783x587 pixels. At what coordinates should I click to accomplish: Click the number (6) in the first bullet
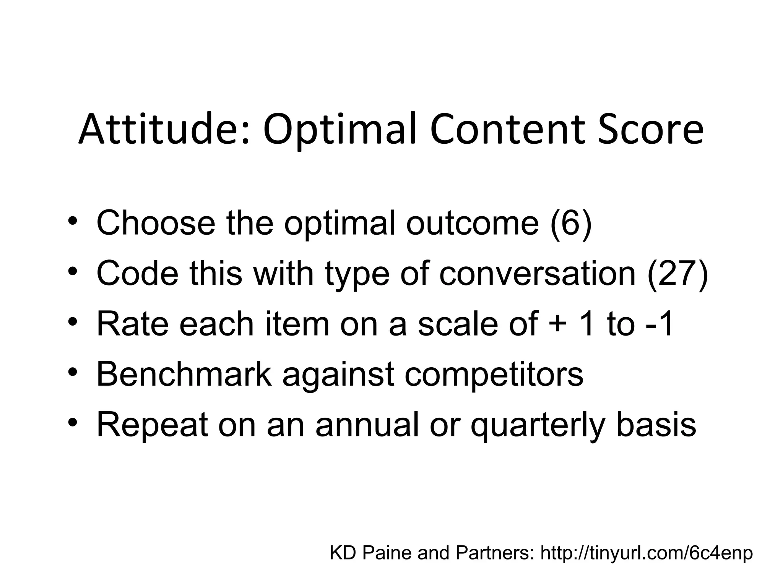(x=571, y=223)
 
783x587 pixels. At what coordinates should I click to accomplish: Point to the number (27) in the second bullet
(x=677, y=274)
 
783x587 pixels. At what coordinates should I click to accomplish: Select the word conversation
(x=537, y=274)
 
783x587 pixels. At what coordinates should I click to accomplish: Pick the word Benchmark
(x=184, y=374)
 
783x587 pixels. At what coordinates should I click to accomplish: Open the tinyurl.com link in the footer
(x=646, y=553)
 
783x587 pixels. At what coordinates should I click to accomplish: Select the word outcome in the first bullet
(x=473, y=223)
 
